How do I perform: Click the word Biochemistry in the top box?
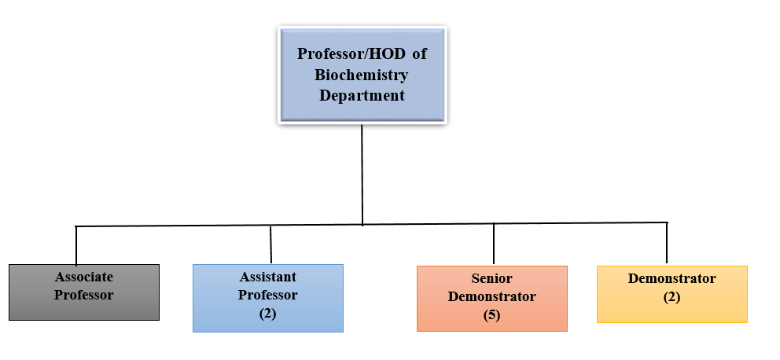pyautogui.click(x=362, y=75)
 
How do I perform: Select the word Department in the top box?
pyautogui.click(x=362, y=95)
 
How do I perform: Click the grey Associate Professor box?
pyautogui.click(x=84, y=292)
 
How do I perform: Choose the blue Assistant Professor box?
pyautogui.click(x=268, y=298)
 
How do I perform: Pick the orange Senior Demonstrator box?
pyautogui.click(x=492, y=299)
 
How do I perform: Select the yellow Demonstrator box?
pyautogui.click(x=672, y=294)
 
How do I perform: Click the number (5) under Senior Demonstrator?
pyautogui.click(x=492, y=316)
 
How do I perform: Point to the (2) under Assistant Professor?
pyautogui.click(x=267, y=314)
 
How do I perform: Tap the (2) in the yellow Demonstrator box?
pyautogui.click(x=671, y=297)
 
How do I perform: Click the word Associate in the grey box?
pyautogui.click(x=84, y=277)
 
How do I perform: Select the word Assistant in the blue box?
pyautogui.click(x=268, y=277)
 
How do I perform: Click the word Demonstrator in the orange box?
pyautogui.click(x=492, y=297)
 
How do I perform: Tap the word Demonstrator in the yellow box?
pyautogui.click(x=671, y=278)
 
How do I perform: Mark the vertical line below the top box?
pyautogui.click(x=362, y=174)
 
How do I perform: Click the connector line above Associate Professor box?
pyautogui.click(x=76, y=246)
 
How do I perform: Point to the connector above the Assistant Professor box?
pyautogui.click(x=270, y=244)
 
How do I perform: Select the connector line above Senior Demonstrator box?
pyautogui.click(x=494, y=244)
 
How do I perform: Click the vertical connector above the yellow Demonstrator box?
pyautogui.click(x=667, y=243)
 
